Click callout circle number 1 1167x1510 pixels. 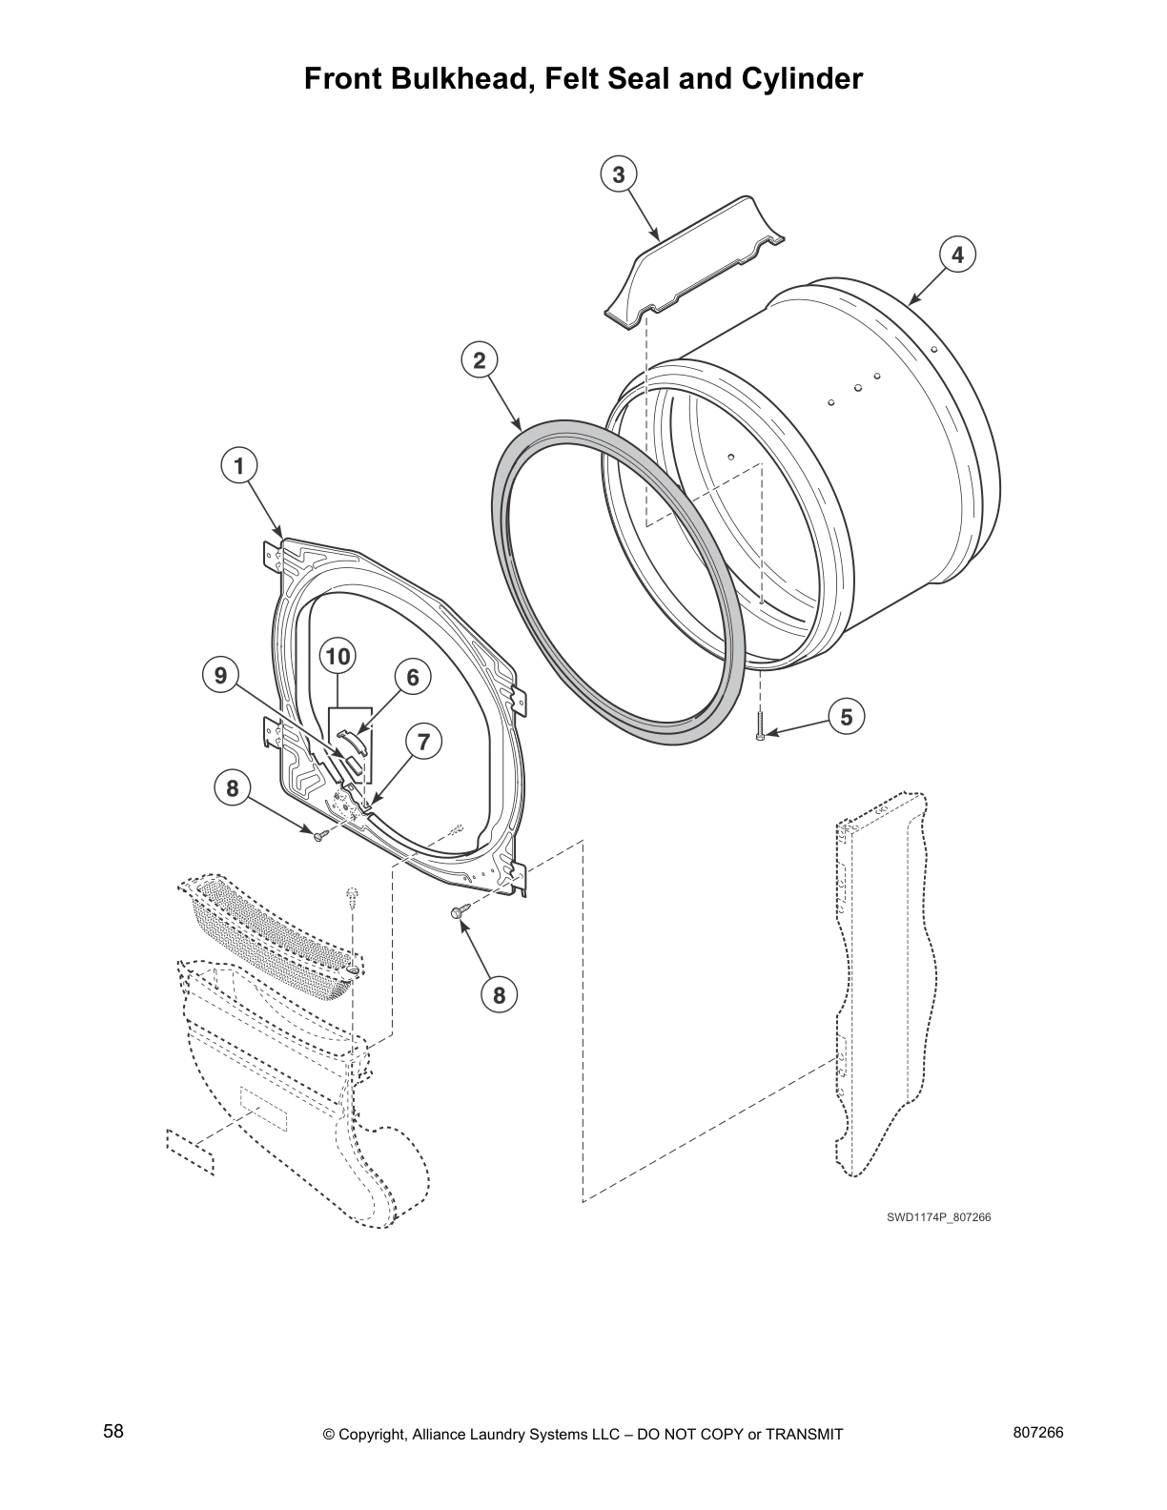[x=239, y=466]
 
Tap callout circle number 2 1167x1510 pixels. [x=480, y=360]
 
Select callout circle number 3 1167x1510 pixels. [x=619, y=174]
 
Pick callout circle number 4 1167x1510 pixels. [x=957, y=255]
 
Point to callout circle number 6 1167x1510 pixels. [x=413, y=677]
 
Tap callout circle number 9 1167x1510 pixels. [x=220, y=676]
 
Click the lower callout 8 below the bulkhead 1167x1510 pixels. [x=498, y=995]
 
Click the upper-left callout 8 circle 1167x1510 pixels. [x=232, y=788]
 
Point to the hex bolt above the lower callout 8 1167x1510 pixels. [x=459, y=912]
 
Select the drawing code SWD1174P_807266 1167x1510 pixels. [x=932, y=1216]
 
